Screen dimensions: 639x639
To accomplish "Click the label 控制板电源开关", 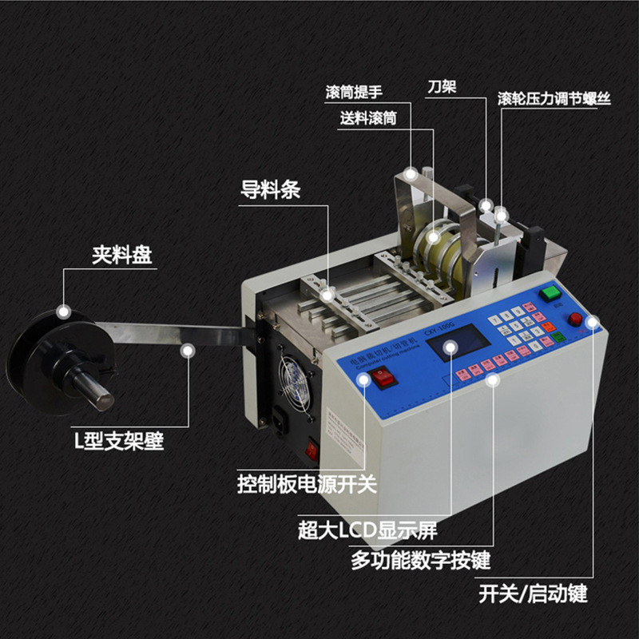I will point(306,484).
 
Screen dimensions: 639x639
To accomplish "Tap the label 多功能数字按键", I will point(421,560).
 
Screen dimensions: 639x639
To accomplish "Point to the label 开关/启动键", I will point(533,594).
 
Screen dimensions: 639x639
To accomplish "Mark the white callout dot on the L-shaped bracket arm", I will point(189,349).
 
